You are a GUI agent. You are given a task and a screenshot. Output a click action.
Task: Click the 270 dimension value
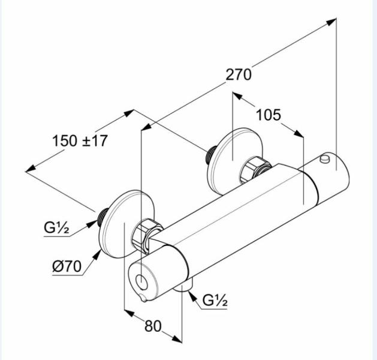coord(239,74)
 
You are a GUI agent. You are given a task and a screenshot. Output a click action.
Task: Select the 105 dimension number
coord(269,115)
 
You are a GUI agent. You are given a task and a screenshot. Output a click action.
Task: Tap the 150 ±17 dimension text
coord(80,141)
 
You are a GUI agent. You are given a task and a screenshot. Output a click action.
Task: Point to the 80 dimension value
coord(153,326)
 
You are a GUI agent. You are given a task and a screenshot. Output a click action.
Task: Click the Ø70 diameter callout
coord(67,266)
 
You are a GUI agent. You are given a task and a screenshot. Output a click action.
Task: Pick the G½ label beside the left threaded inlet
coord(56,227)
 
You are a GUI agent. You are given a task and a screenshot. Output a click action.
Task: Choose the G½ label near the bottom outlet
coord(215,300)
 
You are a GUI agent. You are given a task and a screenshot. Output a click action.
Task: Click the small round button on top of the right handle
coord(325,158)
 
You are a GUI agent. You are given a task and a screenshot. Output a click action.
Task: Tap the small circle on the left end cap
coord(141,282)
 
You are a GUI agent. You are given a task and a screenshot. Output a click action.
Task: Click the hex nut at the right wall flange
coord(255,169)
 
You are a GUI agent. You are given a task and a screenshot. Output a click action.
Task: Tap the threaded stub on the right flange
coord(210,155)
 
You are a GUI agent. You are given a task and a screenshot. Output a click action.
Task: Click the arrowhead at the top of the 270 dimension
coord(331,22)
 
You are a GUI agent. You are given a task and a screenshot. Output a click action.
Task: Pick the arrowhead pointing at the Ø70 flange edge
coord(98,254)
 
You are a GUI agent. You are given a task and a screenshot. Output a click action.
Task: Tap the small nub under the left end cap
coord(143,299)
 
